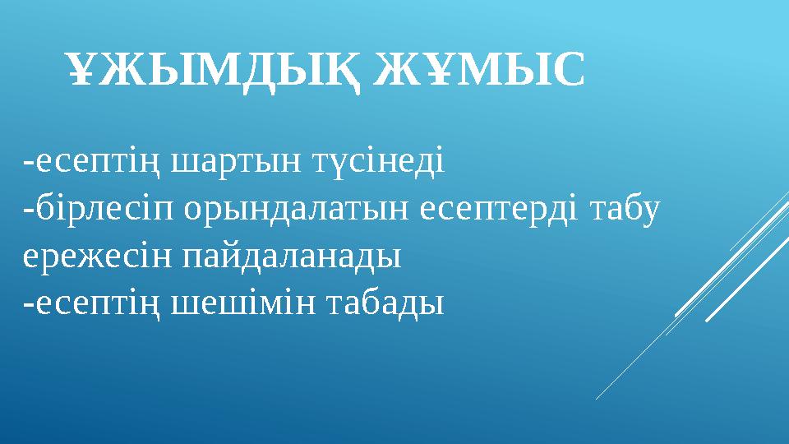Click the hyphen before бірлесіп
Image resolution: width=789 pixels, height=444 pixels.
click(29, 212)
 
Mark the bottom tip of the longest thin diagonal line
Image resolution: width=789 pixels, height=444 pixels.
click(597, 400)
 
